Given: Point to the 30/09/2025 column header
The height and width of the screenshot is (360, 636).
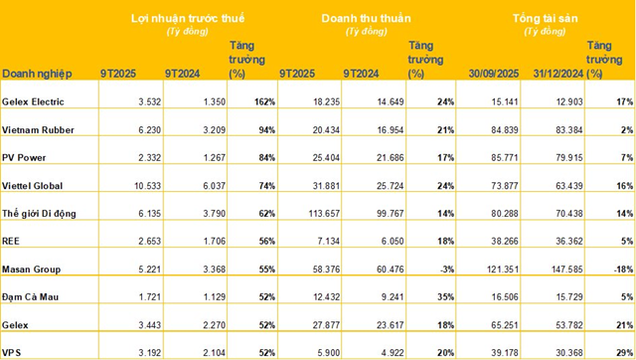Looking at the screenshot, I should pyautogui.click(x=493, y=73).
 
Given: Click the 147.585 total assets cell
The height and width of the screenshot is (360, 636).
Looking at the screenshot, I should pyautogui.click(x=557, y=268).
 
